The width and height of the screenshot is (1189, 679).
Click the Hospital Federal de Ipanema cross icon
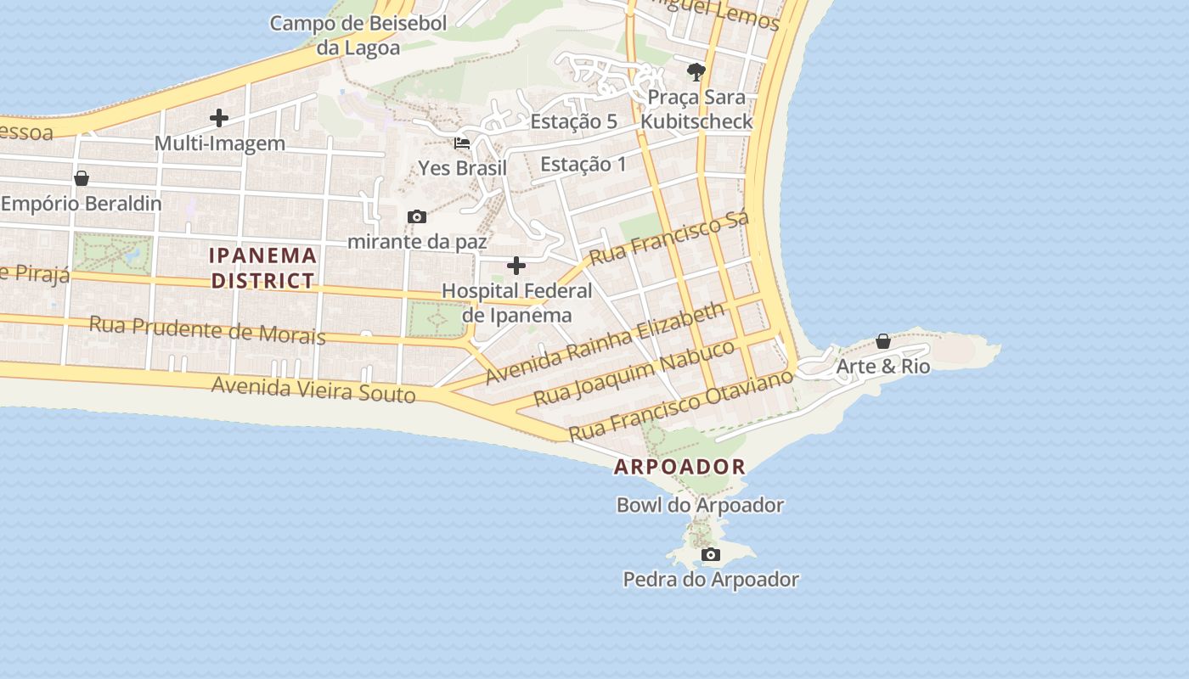click(516, 267)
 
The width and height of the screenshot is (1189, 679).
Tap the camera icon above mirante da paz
click(416, 217)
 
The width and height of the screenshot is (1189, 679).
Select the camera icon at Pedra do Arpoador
click(711, 555)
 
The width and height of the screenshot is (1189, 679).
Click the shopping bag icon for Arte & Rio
click(883, 342)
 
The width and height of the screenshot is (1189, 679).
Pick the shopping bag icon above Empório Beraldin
click(82, 178)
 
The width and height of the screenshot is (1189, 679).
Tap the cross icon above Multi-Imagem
click(219, 118)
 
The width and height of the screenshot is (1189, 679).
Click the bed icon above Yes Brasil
click(462, 143)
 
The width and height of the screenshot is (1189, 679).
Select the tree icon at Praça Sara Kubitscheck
click(696, 71)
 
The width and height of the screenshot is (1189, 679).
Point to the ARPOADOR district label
click(679, 467)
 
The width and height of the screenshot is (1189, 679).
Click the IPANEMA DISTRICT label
click(263, 267)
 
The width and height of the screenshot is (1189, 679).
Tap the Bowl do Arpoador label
click(700, 505)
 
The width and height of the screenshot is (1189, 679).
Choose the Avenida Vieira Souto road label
click(313, 390)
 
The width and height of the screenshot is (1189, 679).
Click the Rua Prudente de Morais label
click(207, 329)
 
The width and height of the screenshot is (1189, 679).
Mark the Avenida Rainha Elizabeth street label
click(606, 342)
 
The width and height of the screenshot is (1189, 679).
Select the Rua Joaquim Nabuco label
click(634, 373)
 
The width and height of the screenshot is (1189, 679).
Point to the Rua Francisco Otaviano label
click(680, 404)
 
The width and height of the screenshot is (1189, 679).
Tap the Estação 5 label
click(573, 121)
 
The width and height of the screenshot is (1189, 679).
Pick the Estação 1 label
click(583, 164)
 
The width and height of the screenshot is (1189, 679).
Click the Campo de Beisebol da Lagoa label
click(358, 35)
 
